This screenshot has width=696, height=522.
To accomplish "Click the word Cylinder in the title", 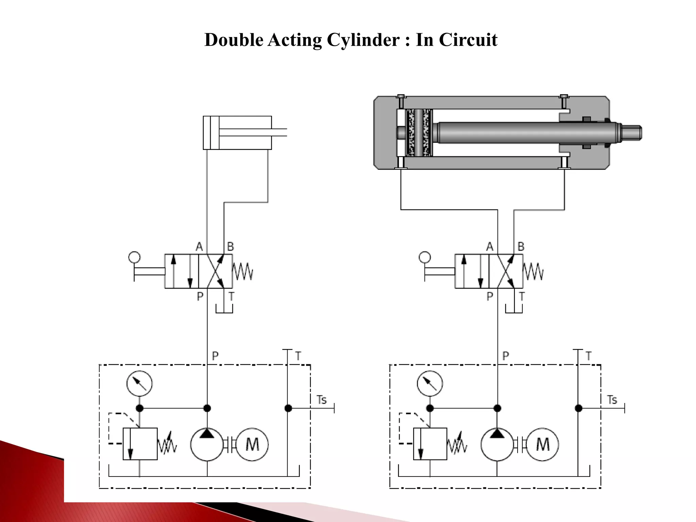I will click(x=363, y=40).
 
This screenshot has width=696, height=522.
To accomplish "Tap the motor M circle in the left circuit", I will click(x=252, y=444).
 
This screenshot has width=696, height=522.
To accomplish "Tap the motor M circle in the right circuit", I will click(x=542, y=444).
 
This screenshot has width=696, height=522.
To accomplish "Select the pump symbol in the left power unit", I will click(x=207, y=444).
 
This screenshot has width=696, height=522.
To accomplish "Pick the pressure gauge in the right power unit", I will click(x=430, y=384).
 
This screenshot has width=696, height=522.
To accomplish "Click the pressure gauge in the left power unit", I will click(x=139, y=384).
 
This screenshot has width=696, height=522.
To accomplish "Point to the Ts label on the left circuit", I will click(x=321, y=400).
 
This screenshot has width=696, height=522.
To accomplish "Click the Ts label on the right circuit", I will click(x=612, y=400).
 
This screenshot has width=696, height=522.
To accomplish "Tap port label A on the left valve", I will click(x=199, y=247).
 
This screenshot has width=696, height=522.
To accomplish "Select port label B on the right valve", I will click(x=521, y=247).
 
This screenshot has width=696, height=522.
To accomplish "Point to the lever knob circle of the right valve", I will click(x=425, y=257).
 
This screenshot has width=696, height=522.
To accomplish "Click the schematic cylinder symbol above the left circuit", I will click(x=237, y=133).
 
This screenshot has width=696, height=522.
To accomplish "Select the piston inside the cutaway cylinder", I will click(x=419, y=133).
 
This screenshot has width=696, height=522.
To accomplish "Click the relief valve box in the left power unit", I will click(x=140, y=444).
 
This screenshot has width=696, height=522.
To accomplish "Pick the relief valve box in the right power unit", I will click(x=430, y=444).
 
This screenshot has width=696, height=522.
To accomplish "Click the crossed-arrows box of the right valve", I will click(x=506, y=271).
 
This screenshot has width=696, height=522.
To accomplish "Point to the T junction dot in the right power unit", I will click(x=578, y=408).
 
